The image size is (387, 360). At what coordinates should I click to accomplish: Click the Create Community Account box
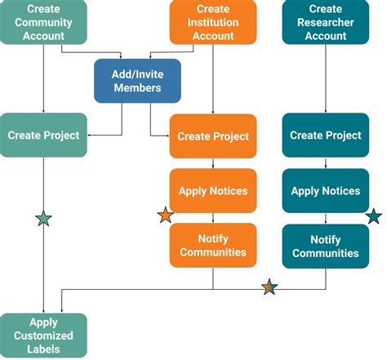click(x=42, y=22)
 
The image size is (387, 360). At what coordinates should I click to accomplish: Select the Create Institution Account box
click(x=213, y=22)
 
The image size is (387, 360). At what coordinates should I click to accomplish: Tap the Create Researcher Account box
click(x=325, y=22)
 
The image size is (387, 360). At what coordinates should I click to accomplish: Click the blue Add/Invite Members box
click(x=136, y=80)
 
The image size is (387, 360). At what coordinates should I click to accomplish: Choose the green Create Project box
click(x=42, y=135)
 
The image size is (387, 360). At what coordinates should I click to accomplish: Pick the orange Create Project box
click(x=213, y=136)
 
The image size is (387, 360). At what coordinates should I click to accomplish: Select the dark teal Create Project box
click(x=325, y=135)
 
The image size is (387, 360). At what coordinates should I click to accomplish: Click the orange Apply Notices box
click(x=213, y=190)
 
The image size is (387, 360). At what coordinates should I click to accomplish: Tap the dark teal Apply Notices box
click(x=325, y=190)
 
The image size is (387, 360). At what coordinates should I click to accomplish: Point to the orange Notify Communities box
click(x=213, y=246)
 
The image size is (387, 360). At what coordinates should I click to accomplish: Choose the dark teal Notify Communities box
click(x=325, y=246)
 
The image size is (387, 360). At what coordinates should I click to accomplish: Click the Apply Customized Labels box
click(x=42, y=336)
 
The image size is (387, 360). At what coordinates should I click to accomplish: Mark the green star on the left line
click(x=43, y=218)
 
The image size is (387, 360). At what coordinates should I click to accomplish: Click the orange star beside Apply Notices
click(x=166, y=216)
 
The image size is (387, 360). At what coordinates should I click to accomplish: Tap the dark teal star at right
click(x=373, y=216)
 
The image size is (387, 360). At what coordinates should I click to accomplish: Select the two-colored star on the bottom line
click(x=270, y=287)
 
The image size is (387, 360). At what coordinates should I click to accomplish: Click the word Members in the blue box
click(x=136, y=87)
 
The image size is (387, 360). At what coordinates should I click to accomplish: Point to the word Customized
click(x=42, y=336)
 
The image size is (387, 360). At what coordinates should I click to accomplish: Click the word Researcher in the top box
click(x=325, y=22)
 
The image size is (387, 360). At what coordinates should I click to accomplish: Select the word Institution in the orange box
click(x=213, y=22)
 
